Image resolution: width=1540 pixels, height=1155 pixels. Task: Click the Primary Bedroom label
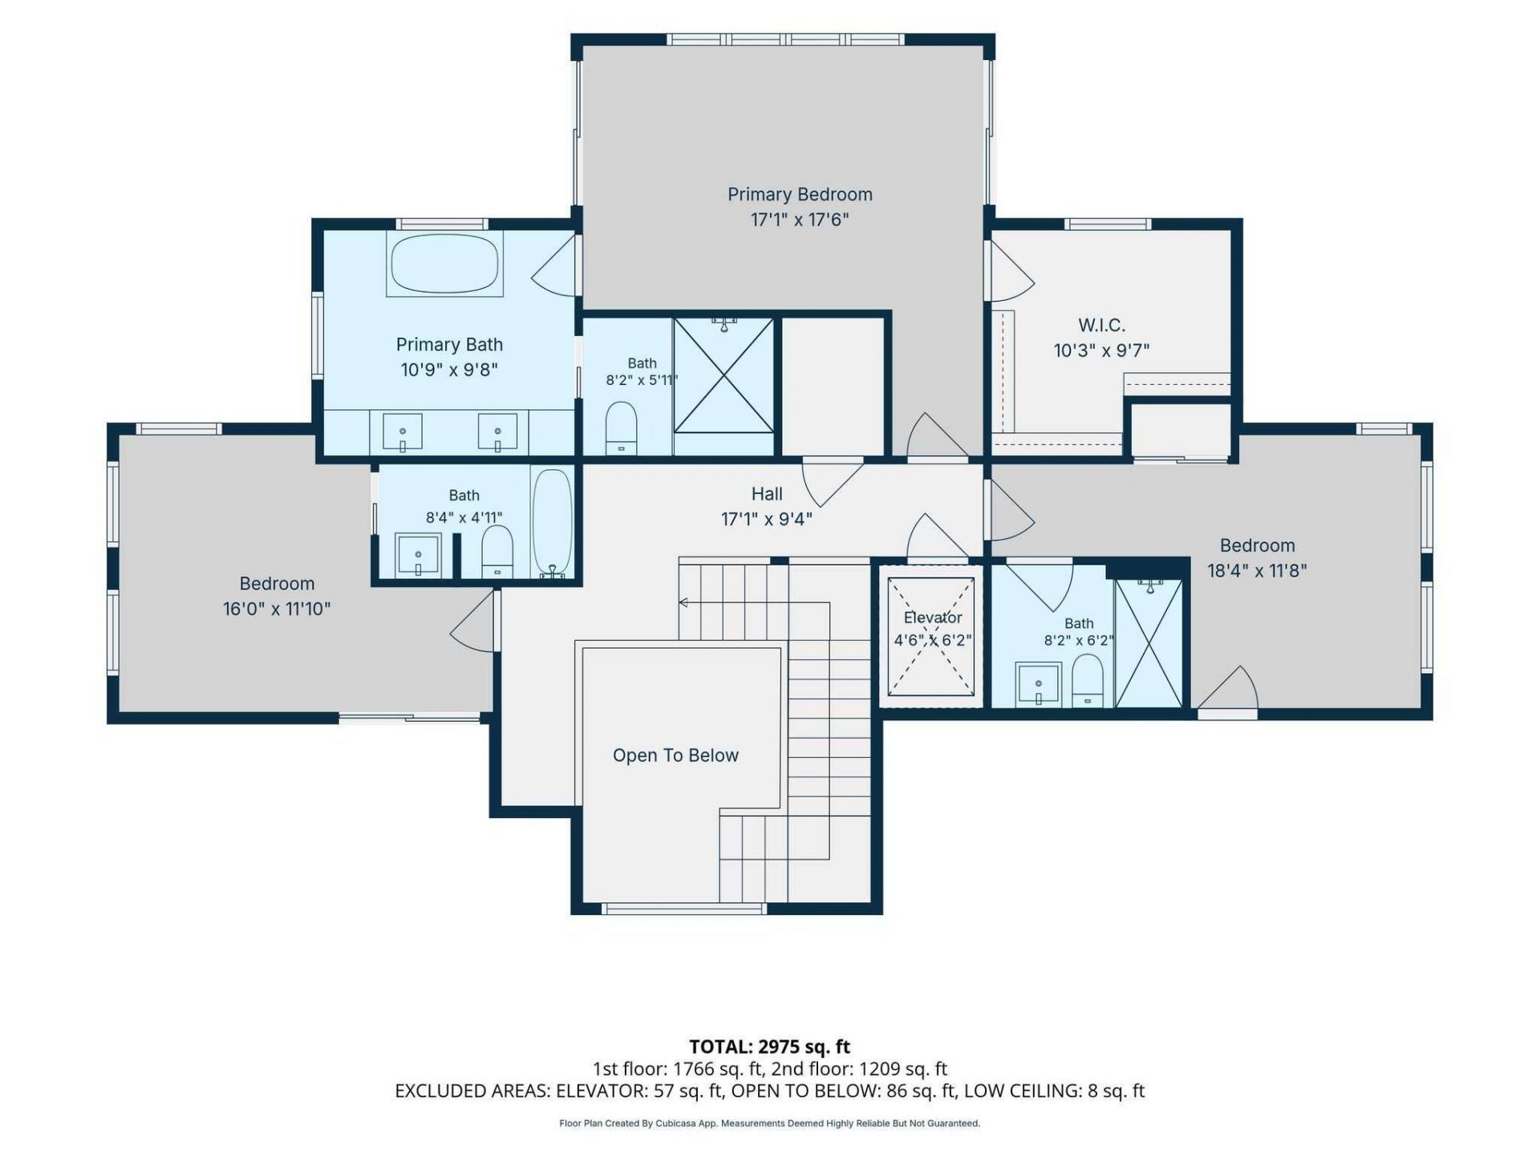tap(800, 194)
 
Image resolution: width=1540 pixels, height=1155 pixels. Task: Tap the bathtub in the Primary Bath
tap(445, 264)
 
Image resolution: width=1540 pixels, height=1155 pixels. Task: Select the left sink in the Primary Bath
tap(403, 432)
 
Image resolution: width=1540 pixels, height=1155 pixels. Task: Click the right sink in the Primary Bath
tap(498, 432)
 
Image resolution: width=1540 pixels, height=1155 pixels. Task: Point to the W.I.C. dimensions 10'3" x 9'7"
tap(1101, 351)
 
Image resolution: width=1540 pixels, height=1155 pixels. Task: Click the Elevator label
tap(933, 618)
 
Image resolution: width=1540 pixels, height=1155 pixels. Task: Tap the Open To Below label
tap(675, 756)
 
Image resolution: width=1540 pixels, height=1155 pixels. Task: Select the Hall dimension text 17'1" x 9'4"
tap(767, 519)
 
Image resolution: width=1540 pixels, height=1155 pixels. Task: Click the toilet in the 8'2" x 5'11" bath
tap(621, 428)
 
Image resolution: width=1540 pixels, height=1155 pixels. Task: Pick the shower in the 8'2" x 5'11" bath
tap(723, 375)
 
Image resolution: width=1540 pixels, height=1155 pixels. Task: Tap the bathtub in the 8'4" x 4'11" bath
tap(553, 522)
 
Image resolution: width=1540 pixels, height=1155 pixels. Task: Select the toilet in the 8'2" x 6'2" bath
tap(1088, 681)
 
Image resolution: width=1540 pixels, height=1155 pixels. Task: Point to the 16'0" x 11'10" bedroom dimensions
tap(277, 609)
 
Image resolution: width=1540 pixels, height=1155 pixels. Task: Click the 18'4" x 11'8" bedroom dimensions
tap(1257, 570)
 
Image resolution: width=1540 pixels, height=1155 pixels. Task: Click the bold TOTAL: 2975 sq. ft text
tap(770, 1047)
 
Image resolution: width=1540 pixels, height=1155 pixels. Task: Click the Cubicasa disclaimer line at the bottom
tap(770, 1124)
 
